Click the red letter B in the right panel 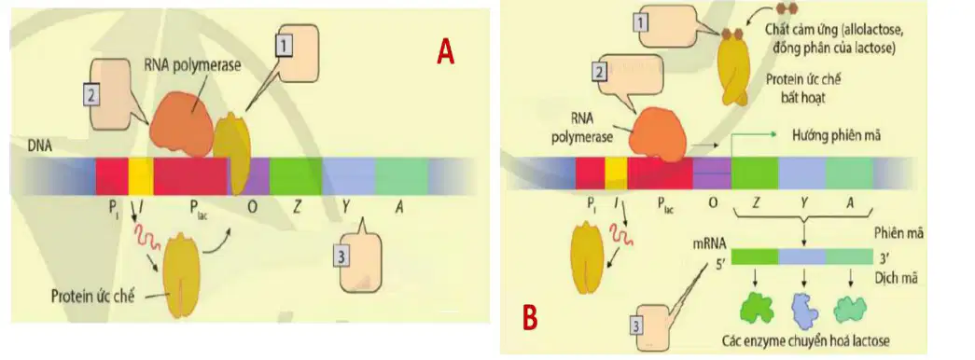click(x=530, y=318)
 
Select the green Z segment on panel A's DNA click(x=296, y=176)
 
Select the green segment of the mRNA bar click(x=755, y=256)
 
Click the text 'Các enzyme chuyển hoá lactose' click(x=806, y=340)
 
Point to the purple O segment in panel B click(x=711, y=173)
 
